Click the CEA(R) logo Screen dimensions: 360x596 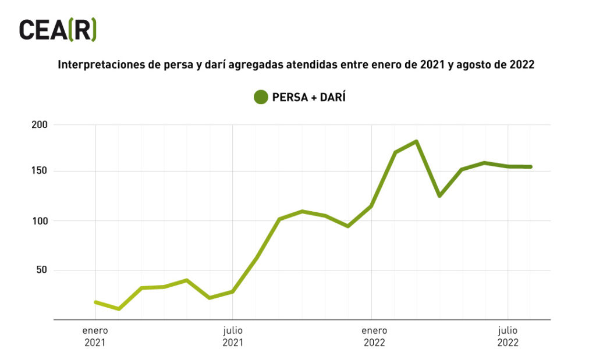[58, 30]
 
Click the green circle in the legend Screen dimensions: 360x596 [261, 97]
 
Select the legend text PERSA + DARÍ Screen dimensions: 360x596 [309, 97]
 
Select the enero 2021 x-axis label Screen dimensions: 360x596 [95, 337]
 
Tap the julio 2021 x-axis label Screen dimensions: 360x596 [233, 337]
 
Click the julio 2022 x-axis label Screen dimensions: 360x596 [508, 337]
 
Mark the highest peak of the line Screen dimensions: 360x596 [417, 141]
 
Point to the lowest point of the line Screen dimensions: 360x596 [119, 309]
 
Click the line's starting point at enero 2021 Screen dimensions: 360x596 [95, 302]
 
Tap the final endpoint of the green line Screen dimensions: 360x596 [530, 167]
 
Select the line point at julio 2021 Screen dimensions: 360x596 [233, 291]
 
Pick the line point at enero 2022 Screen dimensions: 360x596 [370, 206]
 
